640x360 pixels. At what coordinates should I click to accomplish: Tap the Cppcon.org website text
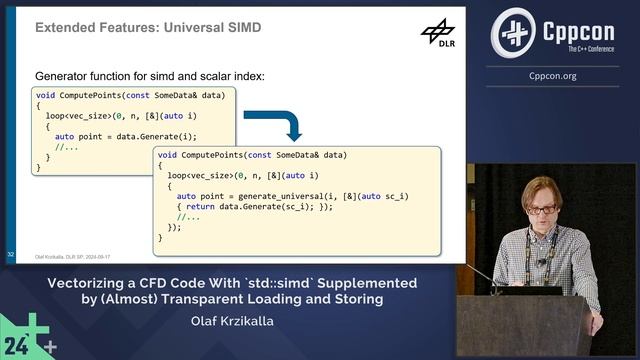point(563,74)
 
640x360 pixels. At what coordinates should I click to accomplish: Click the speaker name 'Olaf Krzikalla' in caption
point(232,322)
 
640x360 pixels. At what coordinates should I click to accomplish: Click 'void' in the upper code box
point(45,94)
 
